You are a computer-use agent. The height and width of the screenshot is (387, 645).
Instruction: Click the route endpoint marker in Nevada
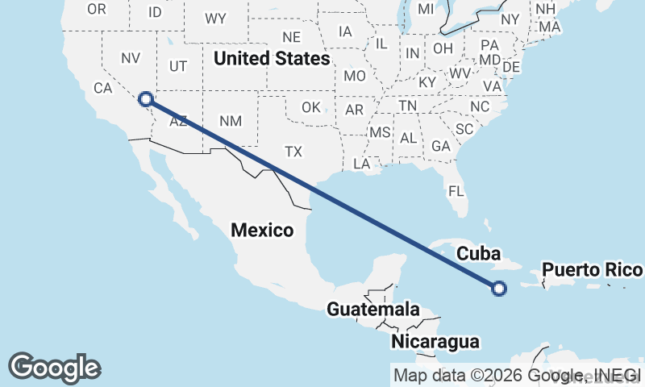pos(145,99)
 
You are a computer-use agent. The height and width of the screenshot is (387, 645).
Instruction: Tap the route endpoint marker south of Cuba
pos(499,288)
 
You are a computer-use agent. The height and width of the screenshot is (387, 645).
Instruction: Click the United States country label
pos(272,59)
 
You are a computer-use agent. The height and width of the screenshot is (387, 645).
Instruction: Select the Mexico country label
pos(262,230)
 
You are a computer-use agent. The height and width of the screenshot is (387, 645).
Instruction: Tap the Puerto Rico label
pos(592,269)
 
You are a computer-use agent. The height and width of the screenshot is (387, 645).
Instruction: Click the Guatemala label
pos(372,309)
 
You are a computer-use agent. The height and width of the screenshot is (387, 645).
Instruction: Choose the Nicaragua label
pos(435,342)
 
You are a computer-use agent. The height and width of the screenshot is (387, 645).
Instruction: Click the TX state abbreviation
pos(293,151)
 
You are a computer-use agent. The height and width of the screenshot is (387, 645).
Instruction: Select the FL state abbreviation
pos(456,192)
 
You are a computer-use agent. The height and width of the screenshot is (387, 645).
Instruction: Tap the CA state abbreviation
pos(102,88)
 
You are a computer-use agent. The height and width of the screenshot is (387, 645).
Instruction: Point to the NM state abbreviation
pos(231,121)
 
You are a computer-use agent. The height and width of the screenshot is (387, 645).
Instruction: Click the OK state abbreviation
pos(311,107)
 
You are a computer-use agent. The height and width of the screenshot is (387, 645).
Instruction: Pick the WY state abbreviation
pos(215,19)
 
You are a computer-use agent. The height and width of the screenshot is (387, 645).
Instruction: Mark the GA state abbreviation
pos(440,146)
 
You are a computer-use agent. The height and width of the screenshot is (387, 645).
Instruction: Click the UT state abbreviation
pos(178,66)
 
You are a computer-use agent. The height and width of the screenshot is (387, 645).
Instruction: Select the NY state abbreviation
pos(510,19)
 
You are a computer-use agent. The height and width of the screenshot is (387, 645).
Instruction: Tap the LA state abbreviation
pos(361,164)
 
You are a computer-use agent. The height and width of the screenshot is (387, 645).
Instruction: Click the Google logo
pos(54,368)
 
